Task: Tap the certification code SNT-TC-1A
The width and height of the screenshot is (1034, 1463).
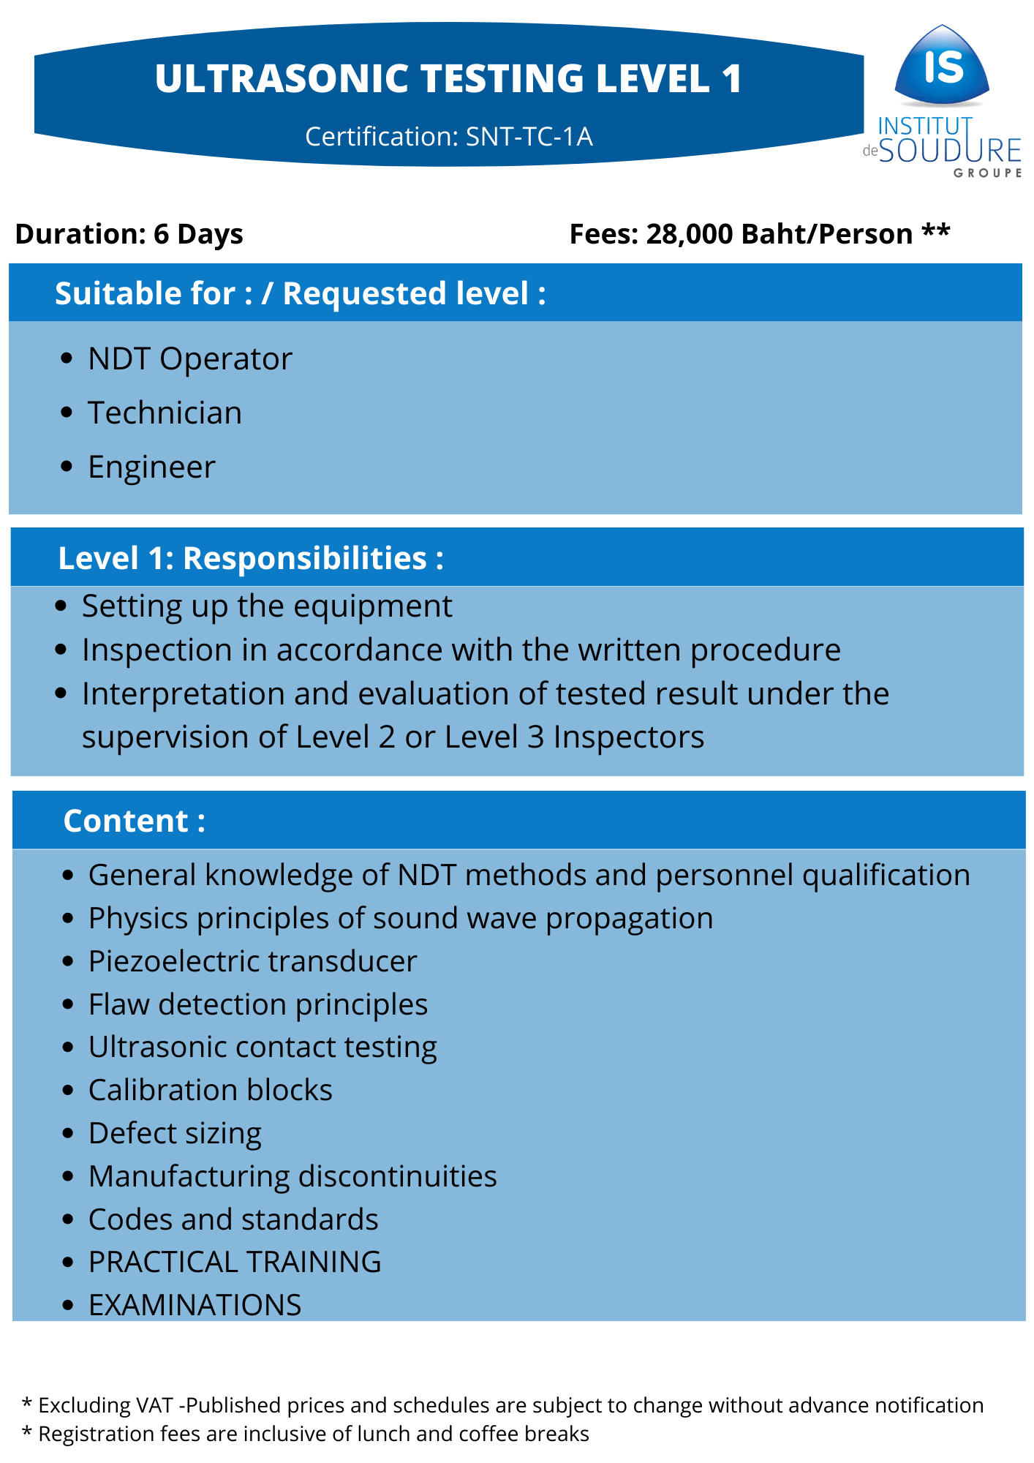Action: pos(529,137)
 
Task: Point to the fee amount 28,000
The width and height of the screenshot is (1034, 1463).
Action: pos(689,234)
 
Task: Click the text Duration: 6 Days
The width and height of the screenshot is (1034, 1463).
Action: pos(129,234)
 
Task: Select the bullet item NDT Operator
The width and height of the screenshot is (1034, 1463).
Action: pos(190,359)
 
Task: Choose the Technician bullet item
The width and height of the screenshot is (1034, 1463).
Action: pos(165,413)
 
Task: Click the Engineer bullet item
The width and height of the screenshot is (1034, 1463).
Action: pos(151,467)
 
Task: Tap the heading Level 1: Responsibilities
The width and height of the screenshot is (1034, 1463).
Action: pos(251,558)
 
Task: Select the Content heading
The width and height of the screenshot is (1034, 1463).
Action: pos(134,821)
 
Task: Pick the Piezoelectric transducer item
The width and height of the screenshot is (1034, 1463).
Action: pos(252,962)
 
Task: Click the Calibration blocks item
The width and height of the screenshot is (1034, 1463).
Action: pos(210,1090)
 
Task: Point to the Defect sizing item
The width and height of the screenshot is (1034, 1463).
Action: pos(175,1134)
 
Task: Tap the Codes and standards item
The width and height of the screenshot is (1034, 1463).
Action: pos(233,1219)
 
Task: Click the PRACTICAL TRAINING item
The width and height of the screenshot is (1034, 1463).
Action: pos(235,1262)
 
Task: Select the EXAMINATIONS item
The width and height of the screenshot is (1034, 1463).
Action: pos(195,1305)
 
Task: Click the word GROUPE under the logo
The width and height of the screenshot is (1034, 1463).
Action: pos(987,173)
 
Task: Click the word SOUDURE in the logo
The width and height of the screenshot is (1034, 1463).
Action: pos(950,151)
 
